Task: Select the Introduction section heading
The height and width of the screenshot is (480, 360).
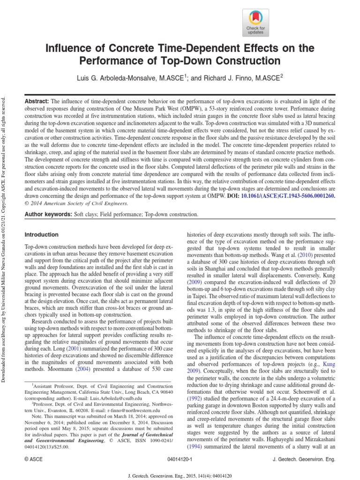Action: (41, 234)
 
